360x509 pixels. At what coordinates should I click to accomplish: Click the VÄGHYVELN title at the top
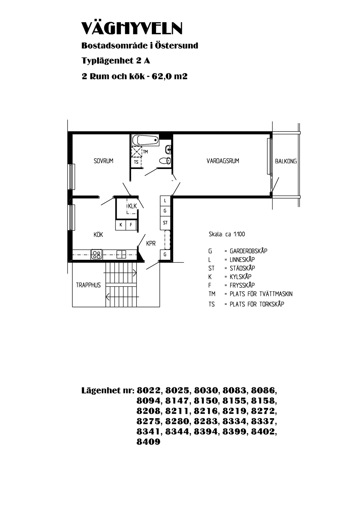(x=132, y=28)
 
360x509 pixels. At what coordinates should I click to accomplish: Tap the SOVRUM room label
(x=103, y=161)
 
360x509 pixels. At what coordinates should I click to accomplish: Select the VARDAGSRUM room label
(x=223, y=161)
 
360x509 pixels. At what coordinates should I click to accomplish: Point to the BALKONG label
(x=286, y=161)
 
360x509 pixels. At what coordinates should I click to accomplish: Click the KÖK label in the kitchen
(x=98, y=234)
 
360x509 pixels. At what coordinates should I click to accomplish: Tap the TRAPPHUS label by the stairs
(x=88, y=285)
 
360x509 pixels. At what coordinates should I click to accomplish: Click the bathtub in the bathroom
(x=145, y=140)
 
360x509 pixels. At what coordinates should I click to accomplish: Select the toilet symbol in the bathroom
(x=165, y=161)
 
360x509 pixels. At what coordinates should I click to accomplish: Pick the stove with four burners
(x=97, y=254)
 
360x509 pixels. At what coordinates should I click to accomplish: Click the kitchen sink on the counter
(x=121, y=254)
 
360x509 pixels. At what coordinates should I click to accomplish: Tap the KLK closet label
(x=132, y=206)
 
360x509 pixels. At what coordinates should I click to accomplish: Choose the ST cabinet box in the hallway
(x=165, y=223)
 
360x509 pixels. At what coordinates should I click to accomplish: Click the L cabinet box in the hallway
(x=165, y=201)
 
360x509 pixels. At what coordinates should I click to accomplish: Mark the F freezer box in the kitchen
(x=131, y=225)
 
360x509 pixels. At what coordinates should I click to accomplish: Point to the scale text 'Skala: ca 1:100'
(x=227, y=234)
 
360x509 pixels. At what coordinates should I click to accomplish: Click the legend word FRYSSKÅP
(x=242, y=285)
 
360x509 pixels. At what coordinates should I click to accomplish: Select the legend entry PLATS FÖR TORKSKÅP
(x=257, y=304)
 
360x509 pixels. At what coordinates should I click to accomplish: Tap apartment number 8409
(x=148, y=442)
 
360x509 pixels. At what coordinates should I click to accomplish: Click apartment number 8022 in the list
(x=149, y=391)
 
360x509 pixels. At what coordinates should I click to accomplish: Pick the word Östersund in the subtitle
(x=177, y=45)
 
